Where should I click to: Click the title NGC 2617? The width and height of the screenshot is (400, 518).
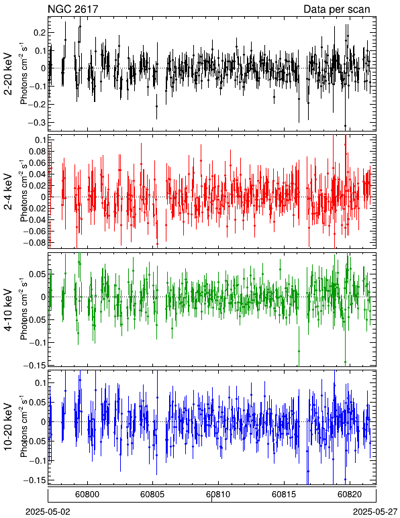click(x=73, y=9)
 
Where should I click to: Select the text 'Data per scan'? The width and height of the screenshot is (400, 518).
click(x=337, y=9)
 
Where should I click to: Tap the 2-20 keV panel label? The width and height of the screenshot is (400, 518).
click(x=8, y=74)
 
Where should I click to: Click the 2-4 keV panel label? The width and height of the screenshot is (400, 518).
click(x=8, y=192)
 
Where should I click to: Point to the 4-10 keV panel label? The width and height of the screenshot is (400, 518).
click(x=8, y=310)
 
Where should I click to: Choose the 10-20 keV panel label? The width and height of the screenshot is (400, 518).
click(x=8, y=427)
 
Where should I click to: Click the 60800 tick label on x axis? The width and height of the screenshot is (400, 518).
click(x=87, y=495)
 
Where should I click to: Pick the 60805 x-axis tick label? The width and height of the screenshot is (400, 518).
click(x=152, y=495)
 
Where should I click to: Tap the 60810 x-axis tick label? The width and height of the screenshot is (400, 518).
click(x=218, y=495)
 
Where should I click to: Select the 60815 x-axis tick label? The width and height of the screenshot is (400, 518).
click(x=284, y=495)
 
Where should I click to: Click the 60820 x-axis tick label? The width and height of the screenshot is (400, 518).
click(x=349, y=495)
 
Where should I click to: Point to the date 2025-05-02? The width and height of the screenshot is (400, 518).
click(x=48, y=512)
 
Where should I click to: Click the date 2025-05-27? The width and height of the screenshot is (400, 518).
click(x=375, y=512)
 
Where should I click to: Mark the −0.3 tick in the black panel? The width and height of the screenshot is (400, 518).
click(x=36, y=123)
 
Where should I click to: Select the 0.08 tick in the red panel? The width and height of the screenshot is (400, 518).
click(x=37, y=152)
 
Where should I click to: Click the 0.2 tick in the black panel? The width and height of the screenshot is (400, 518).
click(x=39, y=33)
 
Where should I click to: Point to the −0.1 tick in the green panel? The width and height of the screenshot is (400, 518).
click(x=37, y=342)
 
